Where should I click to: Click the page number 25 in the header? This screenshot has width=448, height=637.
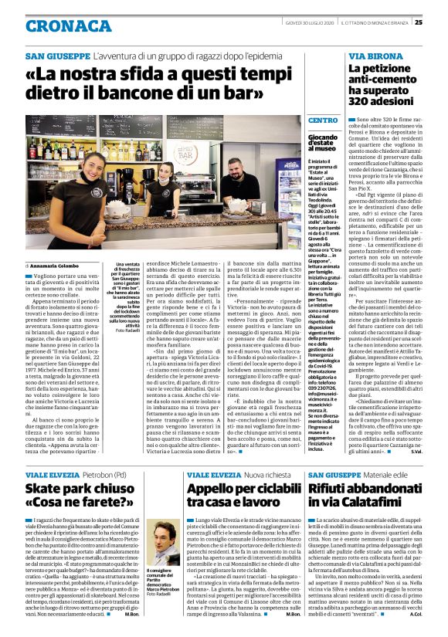[x=439, y=22]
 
